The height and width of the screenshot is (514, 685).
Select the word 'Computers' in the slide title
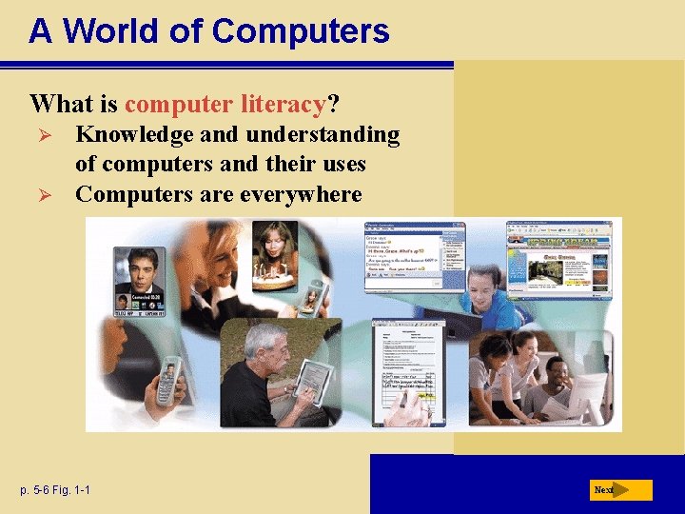tap(301, 31)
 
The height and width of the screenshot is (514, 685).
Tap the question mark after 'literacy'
tap(334, 103)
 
